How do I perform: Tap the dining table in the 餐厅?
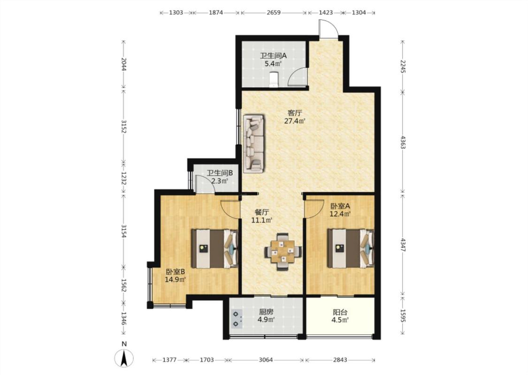pyautogui.click(x=283, y=252)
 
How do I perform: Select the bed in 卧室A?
pyautogui.click(x=351, y=249)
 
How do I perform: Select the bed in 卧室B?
pyautogui.click(x=214, y=249)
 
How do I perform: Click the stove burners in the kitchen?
pyautogui.click(x=237, y=318)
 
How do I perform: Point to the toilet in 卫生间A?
pyautogui.click(x=274, y=79)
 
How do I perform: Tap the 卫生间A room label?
pyautogui.click(x=273, y=56)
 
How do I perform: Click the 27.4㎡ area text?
pyautogui.click(x=295, y=121)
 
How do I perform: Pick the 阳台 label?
pyautogui.click(x=340, y=313)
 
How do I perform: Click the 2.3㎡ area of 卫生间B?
pyautogui.click(x=220, y=181)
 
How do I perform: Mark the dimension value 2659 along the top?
pyautogui.click(x=274, y=13)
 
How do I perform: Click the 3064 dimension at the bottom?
pyautogui.click(x=266, y=360)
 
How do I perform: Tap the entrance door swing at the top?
pyautogui.click(x=329, y=29)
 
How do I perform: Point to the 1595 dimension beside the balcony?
pyautogui.click(x=403, y=314)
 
